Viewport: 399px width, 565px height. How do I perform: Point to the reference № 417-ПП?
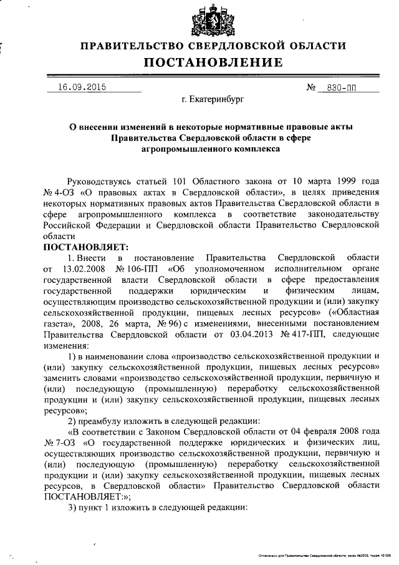pos(294,336)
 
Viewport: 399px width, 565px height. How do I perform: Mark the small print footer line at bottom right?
pos(324,556)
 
